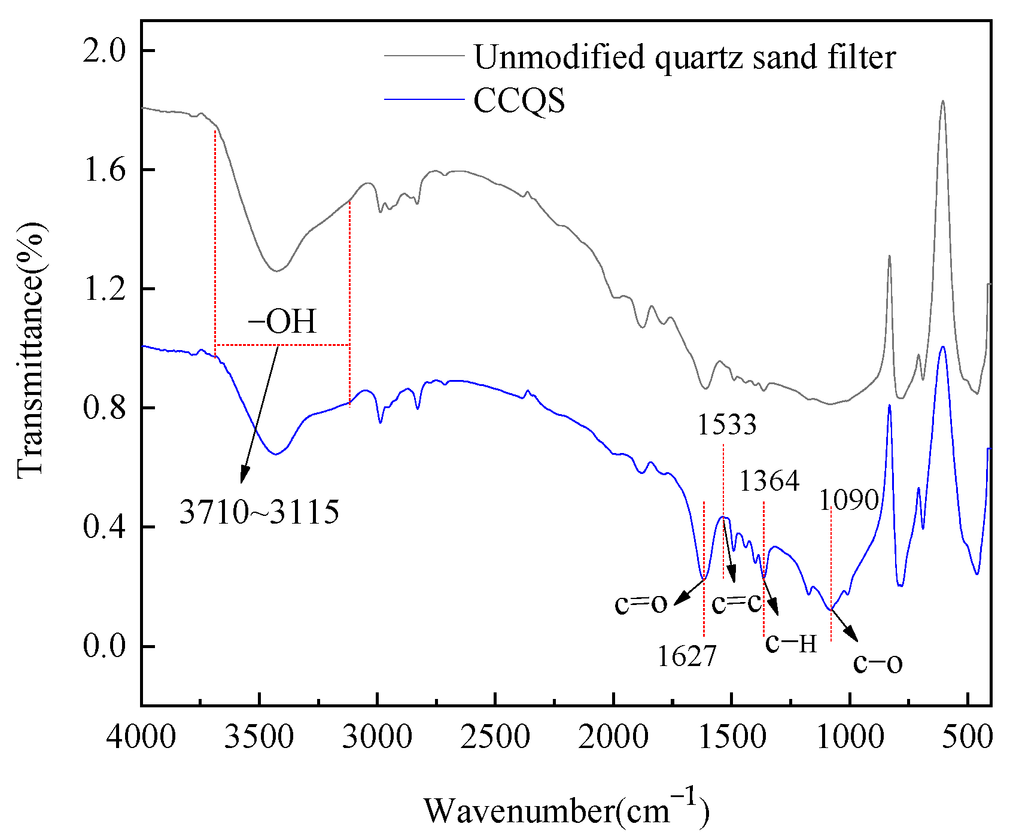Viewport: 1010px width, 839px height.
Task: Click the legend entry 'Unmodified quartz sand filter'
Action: (685, 58)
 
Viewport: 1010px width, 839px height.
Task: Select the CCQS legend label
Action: (519, 101)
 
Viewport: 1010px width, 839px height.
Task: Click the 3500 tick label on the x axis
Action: (259, 738)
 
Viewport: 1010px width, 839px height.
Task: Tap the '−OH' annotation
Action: (282, 322)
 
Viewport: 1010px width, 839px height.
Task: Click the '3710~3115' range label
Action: (260, 512)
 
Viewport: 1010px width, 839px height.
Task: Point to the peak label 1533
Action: (727, 425)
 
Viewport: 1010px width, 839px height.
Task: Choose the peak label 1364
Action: (769, 481)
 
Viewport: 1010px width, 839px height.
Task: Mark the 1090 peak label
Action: (848, 500)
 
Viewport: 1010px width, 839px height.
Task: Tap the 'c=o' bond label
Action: (641, 604)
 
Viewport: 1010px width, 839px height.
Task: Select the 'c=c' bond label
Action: (737, 603)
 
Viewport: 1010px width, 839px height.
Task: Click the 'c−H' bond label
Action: (791, 643)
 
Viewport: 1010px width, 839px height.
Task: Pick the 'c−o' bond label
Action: (878, 663)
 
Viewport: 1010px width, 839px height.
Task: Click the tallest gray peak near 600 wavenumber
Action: (943, 102)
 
